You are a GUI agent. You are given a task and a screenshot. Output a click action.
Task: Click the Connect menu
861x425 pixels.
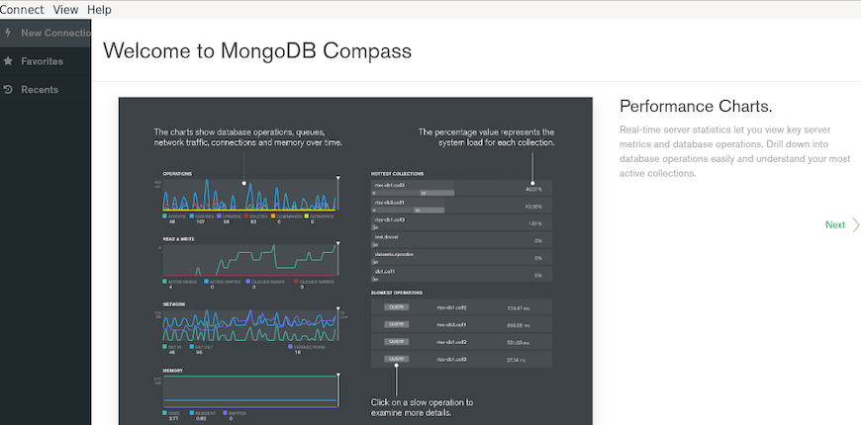(x=22, y=9)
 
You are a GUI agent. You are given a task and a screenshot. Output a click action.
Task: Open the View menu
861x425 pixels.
(x=65, y=9)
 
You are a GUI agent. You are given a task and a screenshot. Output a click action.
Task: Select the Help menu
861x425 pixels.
(x=99, y=9)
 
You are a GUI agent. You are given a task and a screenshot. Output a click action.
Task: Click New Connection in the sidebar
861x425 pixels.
(x=55, y=33)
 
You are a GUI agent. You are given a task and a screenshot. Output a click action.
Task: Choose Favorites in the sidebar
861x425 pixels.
(x=42, y=61)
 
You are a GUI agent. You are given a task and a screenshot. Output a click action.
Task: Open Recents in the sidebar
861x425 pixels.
(x=40, y=90)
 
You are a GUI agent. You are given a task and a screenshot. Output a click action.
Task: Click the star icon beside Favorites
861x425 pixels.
(x=9, y=61)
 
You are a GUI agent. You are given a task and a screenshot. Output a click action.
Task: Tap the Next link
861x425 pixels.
(x=835, y=225)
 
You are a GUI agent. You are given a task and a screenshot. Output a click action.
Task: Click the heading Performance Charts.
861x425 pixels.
(x=695, y=106)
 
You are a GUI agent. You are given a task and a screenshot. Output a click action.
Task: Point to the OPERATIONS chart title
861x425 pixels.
(x=177, y=174)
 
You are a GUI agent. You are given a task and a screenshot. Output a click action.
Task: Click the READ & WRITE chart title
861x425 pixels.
(x=179, y=238)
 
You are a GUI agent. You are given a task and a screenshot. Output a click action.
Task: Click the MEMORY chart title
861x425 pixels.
(x=172, y=370)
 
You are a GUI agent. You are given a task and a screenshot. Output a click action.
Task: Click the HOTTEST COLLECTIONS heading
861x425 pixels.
(x=398, y=173)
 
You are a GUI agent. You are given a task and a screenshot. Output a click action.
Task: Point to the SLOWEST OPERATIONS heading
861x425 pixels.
(x=397, y=293)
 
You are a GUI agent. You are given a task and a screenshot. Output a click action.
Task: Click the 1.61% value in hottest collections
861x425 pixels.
(x=533, y=223)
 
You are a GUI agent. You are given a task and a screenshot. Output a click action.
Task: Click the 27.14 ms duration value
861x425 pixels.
(x=515, y=360)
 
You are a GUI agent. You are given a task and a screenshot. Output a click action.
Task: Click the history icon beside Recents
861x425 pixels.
(x=9, y=90)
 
